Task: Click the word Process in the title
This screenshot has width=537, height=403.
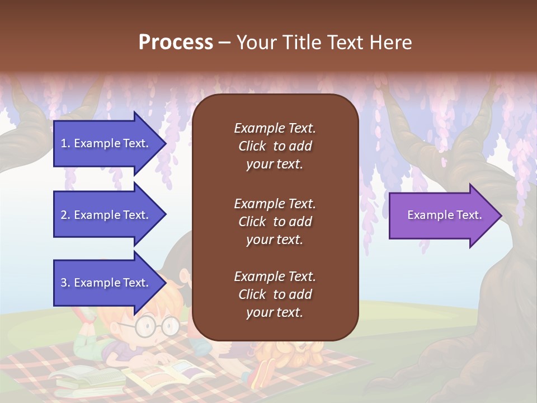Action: coord(176,43)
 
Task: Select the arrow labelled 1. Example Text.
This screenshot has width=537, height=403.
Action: coord(106,143)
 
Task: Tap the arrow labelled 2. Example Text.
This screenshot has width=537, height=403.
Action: coord(106,215)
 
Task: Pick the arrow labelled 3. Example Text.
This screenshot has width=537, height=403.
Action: coord(106,283)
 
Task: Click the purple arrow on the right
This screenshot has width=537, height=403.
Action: coord(442,215)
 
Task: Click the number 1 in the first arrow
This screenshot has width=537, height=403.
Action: coord(64,143)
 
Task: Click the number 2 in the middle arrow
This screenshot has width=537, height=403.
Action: coord(64,215)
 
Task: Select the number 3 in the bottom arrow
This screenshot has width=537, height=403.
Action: coord(64,283)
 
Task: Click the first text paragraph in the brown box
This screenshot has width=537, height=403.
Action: coord(275,146)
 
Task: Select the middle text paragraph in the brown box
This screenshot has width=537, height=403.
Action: coord(275,222)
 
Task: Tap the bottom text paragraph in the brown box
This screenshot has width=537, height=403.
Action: coord(275,294)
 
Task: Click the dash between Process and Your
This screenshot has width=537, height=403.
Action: coord(224,43)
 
